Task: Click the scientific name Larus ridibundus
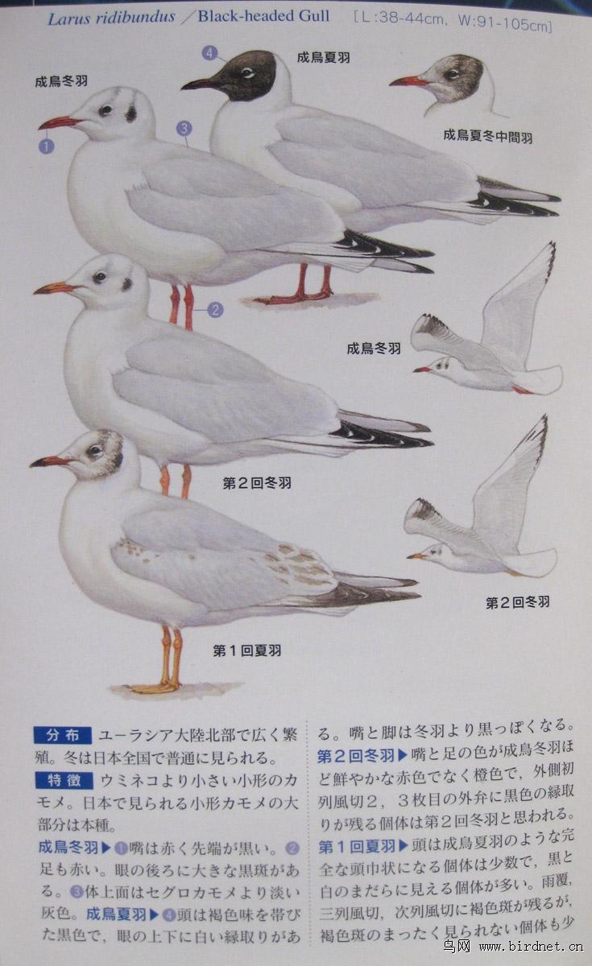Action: [111, 18]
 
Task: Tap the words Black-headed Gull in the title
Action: [263, 16]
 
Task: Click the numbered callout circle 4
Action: [209, 53]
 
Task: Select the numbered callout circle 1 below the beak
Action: [47, 147]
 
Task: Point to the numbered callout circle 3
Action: [184, 128]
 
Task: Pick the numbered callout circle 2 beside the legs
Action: [215, 310]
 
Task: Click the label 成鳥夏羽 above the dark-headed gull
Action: [323, 57]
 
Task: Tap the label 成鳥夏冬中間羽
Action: [487, 136]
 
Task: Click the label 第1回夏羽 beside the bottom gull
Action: [246, 650]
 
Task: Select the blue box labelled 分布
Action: [63, 735]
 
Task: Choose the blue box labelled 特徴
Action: [64, 780]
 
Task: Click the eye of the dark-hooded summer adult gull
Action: [247, 72]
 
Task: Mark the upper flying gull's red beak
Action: [421, 369]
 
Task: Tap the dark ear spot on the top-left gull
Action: [131, 114]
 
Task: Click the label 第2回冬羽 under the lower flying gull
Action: [517, 602]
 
